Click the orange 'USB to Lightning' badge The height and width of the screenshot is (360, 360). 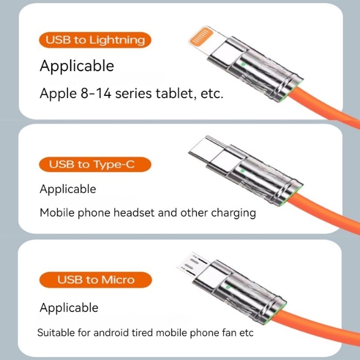95,40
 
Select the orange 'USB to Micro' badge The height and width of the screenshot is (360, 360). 95,280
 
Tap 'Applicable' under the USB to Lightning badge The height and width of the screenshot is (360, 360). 77,66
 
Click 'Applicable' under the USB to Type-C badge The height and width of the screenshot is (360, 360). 68,189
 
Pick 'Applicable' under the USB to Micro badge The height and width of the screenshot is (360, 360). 69,308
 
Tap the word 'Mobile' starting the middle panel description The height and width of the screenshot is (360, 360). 56,212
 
